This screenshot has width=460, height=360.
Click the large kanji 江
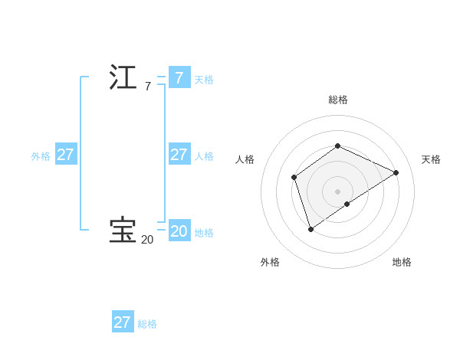(x=123, y=77)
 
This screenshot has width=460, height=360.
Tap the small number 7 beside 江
(x=147, y=87)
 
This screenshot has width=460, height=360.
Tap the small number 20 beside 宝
(x=147, y=240)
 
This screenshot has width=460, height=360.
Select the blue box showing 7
(x=179, y=77)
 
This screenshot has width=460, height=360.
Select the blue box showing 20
(x=179, y=231)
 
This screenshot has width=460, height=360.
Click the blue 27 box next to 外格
(x=65, y=154)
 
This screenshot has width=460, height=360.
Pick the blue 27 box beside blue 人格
(x=179, y=154)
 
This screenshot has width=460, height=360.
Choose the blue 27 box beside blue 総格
(x=123, y=322)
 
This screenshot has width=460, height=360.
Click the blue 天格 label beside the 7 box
(x=204, y=79)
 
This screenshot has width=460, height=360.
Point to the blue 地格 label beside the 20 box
(x=204, y=233)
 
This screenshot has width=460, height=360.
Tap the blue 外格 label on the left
(x=41, y=156)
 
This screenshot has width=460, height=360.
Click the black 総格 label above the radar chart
(x=338, y=100)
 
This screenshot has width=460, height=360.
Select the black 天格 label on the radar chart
(x=432, y=159)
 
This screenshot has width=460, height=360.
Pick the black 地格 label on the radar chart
(x=402, y=262)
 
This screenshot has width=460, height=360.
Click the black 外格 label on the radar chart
(x=270, y=262)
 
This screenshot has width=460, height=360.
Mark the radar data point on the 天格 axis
(x=396, y=172)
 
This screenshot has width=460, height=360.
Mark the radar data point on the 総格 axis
(x=337, y=146)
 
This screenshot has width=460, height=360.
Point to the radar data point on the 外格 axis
(x=310, y=228)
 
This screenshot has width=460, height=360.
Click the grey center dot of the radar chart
(x=337, y=191)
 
